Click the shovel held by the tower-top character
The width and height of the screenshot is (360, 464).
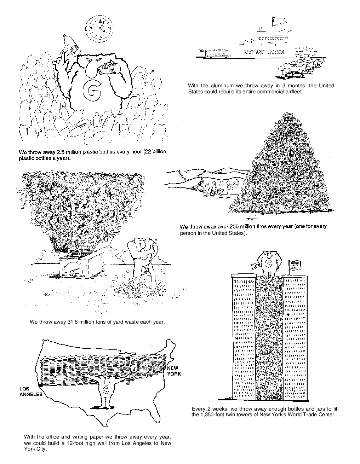coord(254,266)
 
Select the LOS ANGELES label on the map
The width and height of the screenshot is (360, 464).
coord(30,391)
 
